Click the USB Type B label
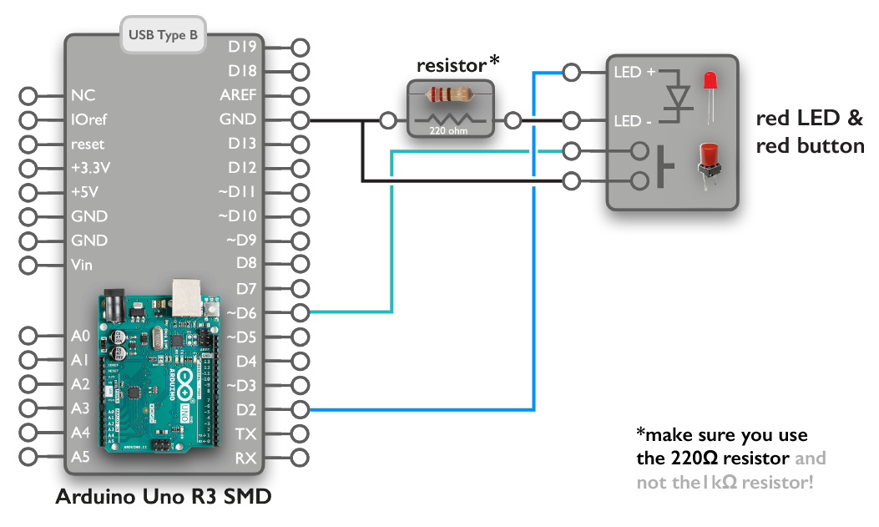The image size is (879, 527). click(x=164, y=36)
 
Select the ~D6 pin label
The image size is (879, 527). click(x=242, y=313)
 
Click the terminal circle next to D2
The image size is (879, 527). click(x=301, y=410)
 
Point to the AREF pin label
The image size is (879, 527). click(x=239, y=95)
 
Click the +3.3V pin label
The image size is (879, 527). click(x=91, y=168)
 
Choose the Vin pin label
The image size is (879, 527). click(x=83, y=265)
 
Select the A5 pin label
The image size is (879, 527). click(x=80, y=458)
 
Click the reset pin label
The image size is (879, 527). click(x=88, y=144)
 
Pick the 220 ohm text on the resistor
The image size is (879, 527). click(x=449, y=131)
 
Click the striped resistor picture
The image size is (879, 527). click(x=449, y=95)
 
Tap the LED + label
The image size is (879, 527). click(x=634, y=73)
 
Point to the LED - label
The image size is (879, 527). click(x=634, y=122)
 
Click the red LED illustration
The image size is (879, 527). click(x=710, y=89)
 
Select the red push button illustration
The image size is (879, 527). click(x=709, y=165)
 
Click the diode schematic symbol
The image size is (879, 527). click(x=679, y=97)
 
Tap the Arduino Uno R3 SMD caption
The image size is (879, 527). click(x=163, y=497)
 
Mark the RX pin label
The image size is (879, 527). click(x=245, y=458)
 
